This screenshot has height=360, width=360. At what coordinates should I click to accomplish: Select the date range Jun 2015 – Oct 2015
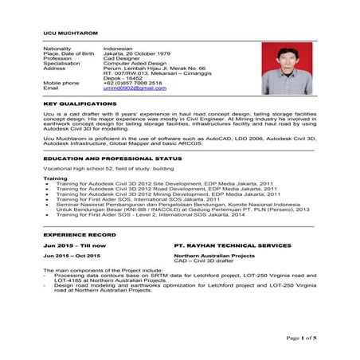pyautogui.click(x=72, y=256)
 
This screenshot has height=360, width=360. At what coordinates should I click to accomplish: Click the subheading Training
pyautogui.click(x=55, y=178)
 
